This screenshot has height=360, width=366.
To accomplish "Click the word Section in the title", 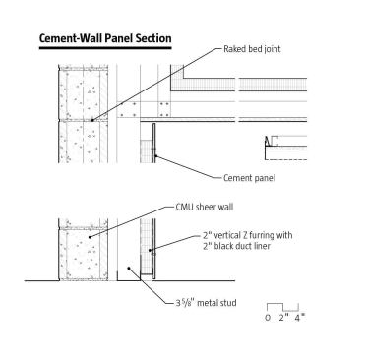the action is (153, 38).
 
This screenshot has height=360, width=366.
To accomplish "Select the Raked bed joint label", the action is (252, 49).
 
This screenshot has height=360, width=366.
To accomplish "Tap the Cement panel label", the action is (249, 178).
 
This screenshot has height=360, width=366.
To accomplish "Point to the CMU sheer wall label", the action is (205, 207).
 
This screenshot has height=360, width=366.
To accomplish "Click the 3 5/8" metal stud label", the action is (206, 303).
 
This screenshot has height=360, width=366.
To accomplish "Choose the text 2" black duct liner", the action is (236, 246).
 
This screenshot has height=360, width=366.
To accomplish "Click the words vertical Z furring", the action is (246, 235).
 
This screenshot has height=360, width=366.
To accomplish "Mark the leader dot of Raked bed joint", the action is (92, 120).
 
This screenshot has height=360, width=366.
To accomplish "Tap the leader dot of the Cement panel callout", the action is (156, 156).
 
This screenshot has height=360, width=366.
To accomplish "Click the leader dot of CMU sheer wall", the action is (90, 237).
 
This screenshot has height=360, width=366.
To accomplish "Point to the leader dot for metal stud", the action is (129, 268).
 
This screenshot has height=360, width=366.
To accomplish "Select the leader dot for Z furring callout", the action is (150, 250).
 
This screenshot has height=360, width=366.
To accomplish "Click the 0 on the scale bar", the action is (268, 318).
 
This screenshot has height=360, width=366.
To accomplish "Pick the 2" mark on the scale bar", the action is (283, 318).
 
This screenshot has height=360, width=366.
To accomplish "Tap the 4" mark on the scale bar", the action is (299, 318).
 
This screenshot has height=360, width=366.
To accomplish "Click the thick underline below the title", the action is (105, 48).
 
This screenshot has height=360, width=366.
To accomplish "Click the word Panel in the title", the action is (120, 38).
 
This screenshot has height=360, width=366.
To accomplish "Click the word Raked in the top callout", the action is (233, 49).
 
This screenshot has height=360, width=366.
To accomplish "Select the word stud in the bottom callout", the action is (228, 303).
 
